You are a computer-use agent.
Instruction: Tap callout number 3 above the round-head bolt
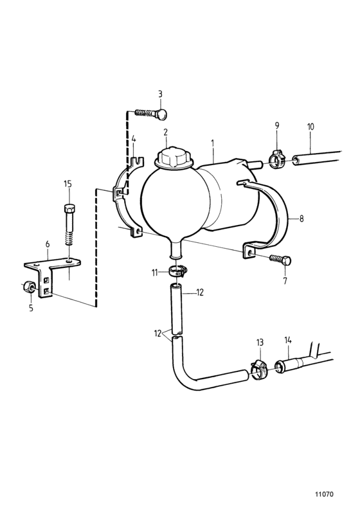(160, 94)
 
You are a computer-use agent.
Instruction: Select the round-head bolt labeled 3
(151, 113)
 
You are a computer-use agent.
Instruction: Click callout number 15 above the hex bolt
(67, 184)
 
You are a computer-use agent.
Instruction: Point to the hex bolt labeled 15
(69, 228)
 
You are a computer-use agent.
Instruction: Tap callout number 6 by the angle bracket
(48, 244)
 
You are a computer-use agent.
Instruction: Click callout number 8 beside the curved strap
(301, 219)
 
